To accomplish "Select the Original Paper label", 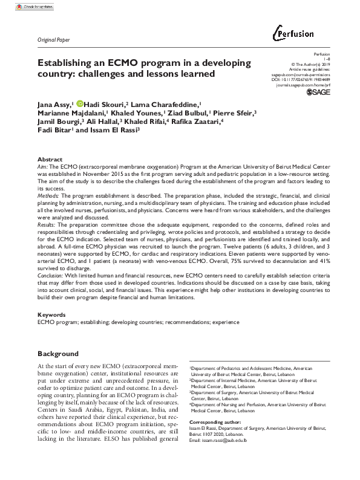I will pyautogui.click(x=53, y=39).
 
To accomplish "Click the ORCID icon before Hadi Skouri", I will pyautogui.click(x=80, y=103).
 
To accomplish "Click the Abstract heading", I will pyautogui.click(x=50, y=158).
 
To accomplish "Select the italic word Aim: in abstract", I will pyautogui.click(x=42, y=165).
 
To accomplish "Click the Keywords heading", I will pyautogui.click(x=52, y=315).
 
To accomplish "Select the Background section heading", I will pyautogui.click(x=58, y=353).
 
